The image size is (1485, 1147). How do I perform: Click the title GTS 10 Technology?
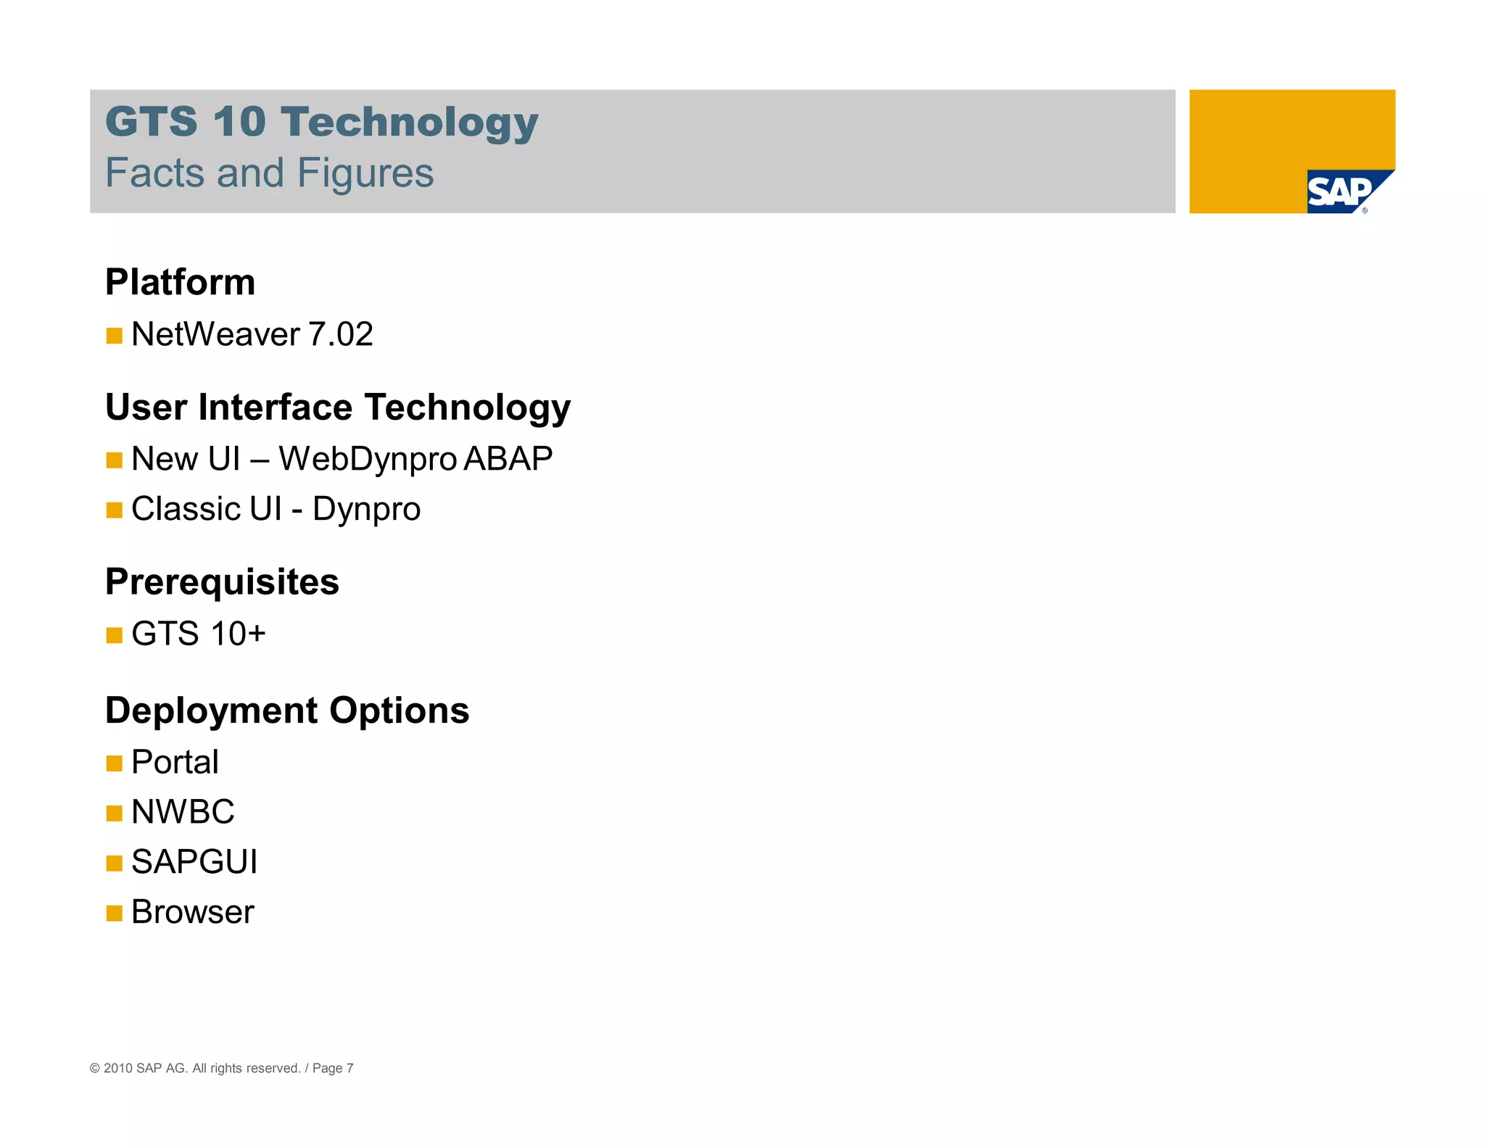(321, 121)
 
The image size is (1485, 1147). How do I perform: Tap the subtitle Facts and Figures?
(269, 173)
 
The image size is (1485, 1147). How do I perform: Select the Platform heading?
(180, 282)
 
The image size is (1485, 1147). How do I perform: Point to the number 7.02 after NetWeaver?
(341, 334)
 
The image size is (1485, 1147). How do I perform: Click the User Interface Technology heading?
(337, 407)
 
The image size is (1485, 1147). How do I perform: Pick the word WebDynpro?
(368, 459)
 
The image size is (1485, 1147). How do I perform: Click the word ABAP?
(508, 458)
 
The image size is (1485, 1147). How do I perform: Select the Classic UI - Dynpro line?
(276, 509)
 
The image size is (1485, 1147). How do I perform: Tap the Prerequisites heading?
(222, 581)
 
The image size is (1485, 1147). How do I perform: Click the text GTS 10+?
(198, 634)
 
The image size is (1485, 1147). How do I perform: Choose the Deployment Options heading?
(287, 710)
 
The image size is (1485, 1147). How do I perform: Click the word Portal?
(175, 762)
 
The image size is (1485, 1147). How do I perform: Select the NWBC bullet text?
(183, 812)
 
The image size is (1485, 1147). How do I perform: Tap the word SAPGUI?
(194, 862)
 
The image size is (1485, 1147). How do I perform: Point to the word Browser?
(193, 912)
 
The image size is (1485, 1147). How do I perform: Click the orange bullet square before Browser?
(114, 913)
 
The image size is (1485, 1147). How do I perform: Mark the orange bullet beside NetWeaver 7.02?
(114, 336)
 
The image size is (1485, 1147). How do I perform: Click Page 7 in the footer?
(333, 1068)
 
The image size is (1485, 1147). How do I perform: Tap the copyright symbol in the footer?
(94, 1068)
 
